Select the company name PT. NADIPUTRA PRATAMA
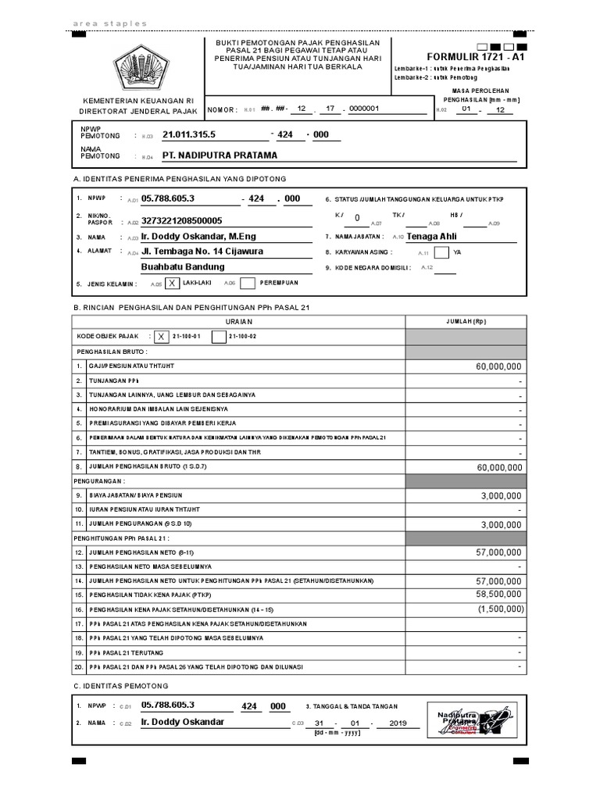[220, 155]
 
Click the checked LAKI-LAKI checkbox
[172, 284]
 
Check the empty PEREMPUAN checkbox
[248, 284]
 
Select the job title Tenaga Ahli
[431, 236]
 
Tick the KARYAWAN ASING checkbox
[441, 252]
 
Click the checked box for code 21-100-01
[161, 337]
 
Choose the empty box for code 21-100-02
[219, 337]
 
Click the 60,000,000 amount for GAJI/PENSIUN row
[498, 366]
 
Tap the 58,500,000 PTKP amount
[498, 595]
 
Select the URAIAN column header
[237, 322]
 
